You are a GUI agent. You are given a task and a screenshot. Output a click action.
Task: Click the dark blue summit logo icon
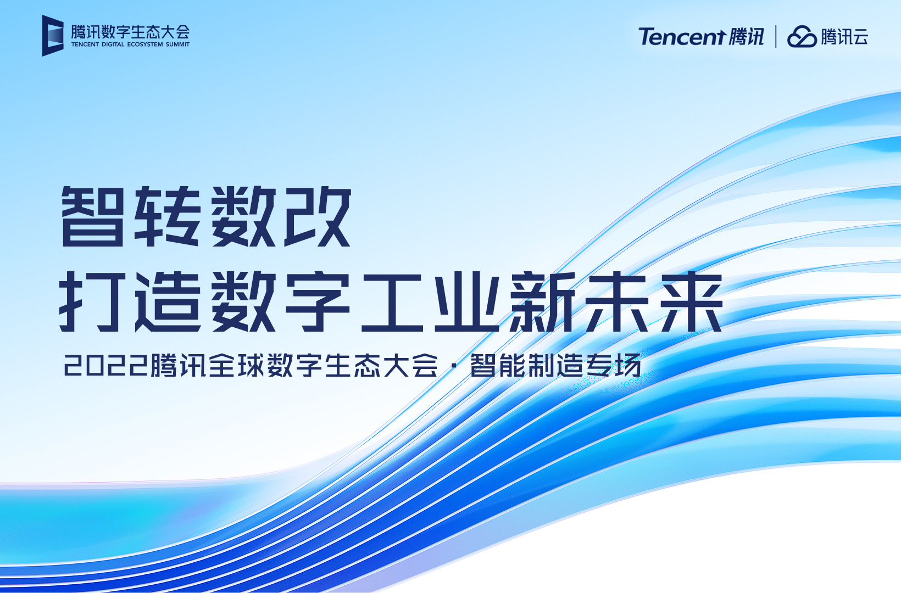pyautogui.click(x=53, y=36)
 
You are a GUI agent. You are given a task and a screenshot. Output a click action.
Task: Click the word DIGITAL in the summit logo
pyautogui.click(x=113, y=44)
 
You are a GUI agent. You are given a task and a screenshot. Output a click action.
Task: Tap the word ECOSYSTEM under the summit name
pyautogui.click(x=145, y=44)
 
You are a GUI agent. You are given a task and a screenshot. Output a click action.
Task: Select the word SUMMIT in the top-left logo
pyautogui.click(x=177, y=44)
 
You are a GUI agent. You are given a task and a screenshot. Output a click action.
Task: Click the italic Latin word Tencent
pyautogui.click(x=682, y=37)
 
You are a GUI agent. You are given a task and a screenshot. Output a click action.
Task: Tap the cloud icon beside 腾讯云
pyautogui.click(x=802, y=37)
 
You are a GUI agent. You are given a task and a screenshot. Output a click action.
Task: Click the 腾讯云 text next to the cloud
pyautogui.click(x=844, y=37)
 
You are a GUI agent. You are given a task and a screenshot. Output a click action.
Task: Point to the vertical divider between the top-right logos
pyautogui.click(x=776, y=36)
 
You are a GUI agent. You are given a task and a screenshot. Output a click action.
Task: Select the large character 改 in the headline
pyautogui.click(x=318, y=216)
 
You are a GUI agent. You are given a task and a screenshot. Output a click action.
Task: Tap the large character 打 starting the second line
pyautogui.click(x=91, y=301)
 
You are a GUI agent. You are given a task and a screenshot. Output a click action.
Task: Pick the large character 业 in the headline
pyautogui.click(x=467, y=301)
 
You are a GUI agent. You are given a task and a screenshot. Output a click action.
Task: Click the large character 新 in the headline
pyautogui.click(x=543, y=301)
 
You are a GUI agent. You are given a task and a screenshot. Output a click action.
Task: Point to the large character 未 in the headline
pyautogui.click(x=618, y=301)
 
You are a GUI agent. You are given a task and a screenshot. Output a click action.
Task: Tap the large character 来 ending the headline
pyautogui.click(x=692, y=301)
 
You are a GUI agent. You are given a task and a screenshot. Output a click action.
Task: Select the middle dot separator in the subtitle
pyautogui.click(x=454, y=366)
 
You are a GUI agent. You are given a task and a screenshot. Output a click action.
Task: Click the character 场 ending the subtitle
pyautogui.click(x=629, y=366)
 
